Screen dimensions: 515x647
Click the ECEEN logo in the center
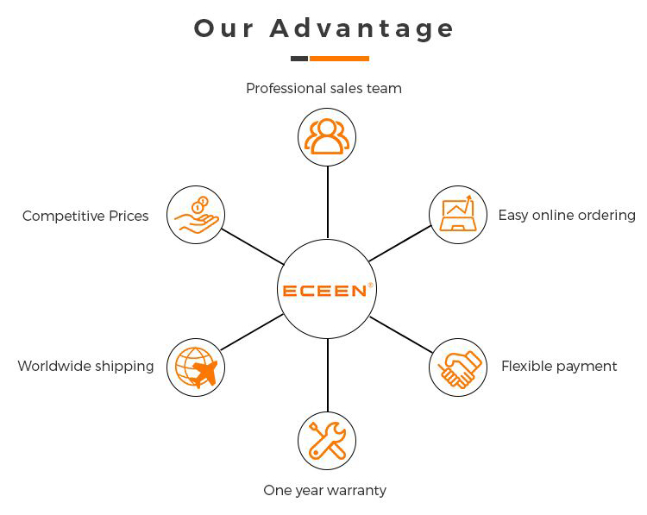tap(325, 291)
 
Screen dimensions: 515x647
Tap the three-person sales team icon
tap(327, 136)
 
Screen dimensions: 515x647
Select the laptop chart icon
tap(458, 215)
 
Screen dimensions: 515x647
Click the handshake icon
tap(458, 367)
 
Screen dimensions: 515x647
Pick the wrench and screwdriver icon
tap(327, 441)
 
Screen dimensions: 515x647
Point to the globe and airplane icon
tap(196, 367)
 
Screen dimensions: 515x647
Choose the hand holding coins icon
tap(195, 215)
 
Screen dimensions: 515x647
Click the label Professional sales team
tap(323, 88)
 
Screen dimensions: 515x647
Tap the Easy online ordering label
tap(566, 215)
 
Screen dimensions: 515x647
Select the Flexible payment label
tap(559, 366)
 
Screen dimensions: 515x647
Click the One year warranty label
tap(324, 490)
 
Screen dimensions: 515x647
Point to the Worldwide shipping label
tap(85, 366)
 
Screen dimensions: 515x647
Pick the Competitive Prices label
tap(85, 216)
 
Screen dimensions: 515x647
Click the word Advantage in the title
tap(361, 28)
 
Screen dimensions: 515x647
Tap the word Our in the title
tap(224, 28)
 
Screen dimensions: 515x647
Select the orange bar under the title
tap(339, 59)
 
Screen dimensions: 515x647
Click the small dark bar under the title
tap(298, 59)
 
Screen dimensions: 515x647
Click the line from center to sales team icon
tap(328, 202)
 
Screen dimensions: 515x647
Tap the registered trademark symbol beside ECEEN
tap(370, 285)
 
